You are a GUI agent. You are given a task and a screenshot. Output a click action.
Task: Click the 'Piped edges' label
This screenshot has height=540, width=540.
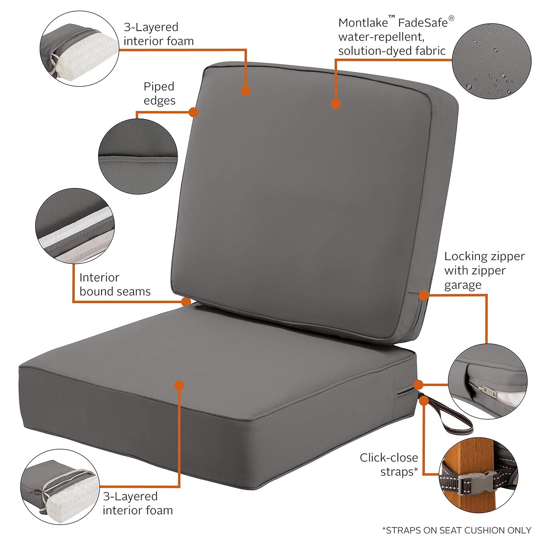pos(159,93)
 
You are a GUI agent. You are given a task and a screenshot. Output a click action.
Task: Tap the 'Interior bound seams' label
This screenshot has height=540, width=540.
pos(115,284)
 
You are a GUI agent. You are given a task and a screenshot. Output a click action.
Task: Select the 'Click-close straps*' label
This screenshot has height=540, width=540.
pos(389,464)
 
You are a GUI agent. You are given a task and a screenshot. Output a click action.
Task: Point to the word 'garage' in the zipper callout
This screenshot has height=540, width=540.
pos(463,285)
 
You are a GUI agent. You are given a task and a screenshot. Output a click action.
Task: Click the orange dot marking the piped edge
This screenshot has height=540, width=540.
pos(194,112)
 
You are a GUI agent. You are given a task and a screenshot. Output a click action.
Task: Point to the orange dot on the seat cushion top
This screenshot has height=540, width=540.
pos(179,386)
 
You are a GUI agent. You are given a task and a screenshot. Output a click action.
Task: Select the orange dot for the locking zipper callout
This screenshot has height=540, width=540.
pos(424,295)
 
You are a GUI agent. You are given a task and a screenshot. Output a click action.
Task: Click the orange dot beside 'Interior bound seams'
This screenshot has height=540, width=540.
pos(186,301)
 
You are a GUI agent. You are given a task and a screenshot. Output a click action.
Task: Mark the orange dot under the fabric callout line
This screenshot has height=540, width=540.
pos(336,104)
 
